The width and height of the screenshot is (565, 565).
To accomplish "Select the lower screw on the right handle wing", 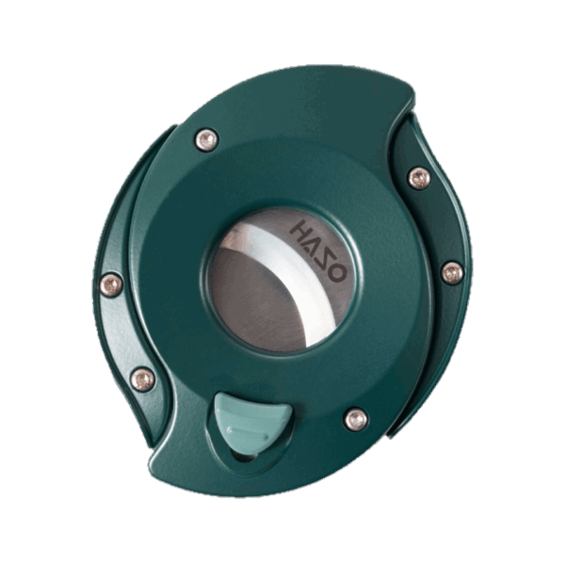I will [452, 273].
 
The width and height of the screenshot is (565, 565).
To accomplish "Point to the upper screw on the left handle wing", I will [111, 283].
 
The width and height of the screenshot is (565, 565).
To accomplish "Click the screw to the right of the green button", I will [356, 419].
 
